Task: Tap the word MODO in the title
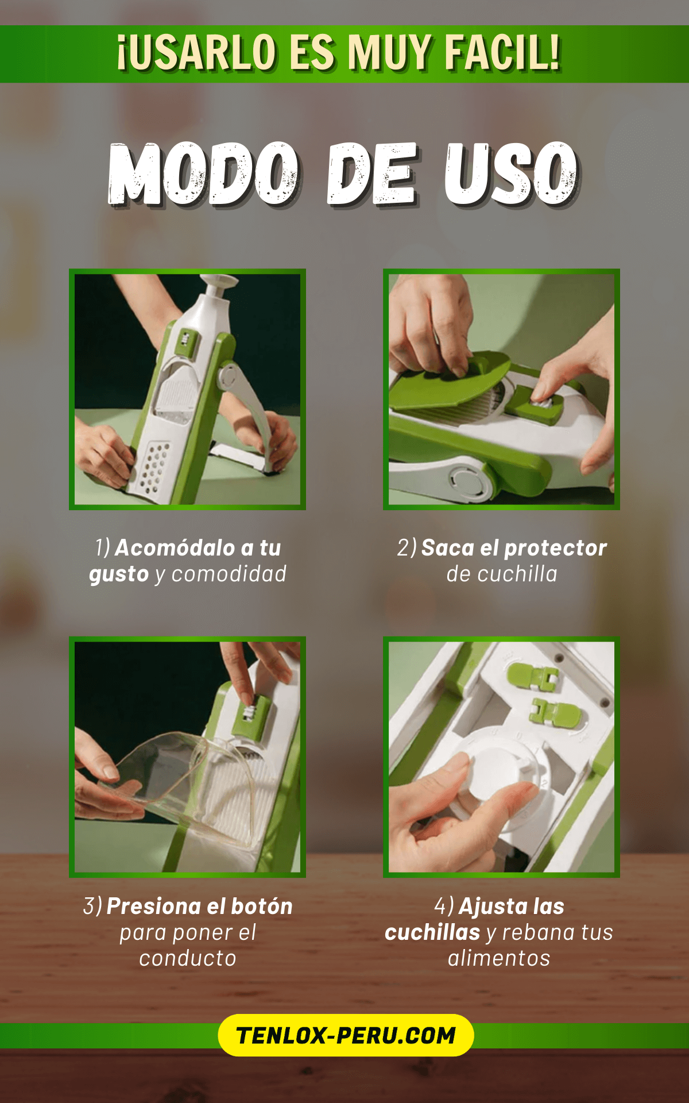(x=204, y=173)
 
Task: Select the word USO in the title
(x=510, y=173)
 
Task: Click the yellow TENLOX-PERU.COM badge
(x=346, y=1035)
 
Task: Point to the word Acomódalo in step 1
(x=175, y=547)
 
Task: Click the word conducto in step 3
(x=188, y=958)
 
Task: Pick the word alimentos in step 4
(x=499, y=958)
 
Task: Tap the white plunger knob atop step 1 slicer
(x=218, y=282)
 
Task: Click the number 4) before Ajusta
(x=444, y=907)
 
